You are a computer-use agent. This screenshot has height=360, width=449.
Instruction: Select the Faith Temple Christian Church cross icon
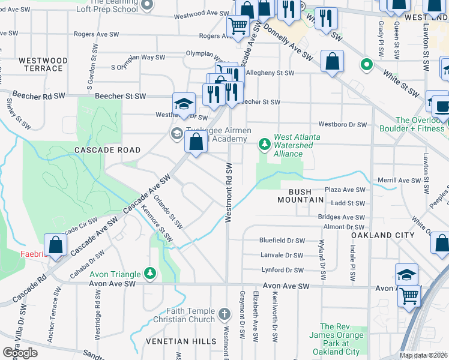click(224, 314)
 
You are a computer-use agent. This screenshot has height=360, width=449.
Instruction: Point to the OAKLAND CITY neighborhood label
click(383, 235)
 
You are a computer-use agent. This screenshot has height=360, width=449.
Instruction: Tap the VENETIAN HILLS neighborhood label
click(181, 341)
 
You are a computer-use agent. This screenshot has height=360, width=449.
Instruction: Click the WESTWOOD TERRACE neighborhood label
click(41, 64)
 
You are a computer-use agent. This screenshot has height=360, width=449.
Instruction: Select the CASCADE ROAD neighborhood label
click(107, 150)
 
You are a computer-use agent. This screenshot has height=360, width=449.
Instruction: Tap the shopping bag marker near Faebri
click(55, 246)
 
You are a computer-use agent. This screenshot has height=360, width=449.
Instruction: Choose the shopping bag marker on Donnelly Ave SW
click(332, 62)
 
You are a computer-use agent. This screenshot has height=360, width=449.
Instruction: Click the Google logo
click(20, 353)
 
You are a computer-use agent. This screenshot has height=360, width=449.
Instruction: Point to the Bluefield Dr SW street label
click(282, 240)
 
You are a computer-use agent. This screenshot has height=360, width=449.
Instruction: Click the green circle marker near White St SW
click(364, 63)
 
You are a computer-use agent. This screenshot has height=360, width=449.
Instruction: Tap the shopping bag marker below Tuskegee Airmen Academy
click(196, 143)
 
